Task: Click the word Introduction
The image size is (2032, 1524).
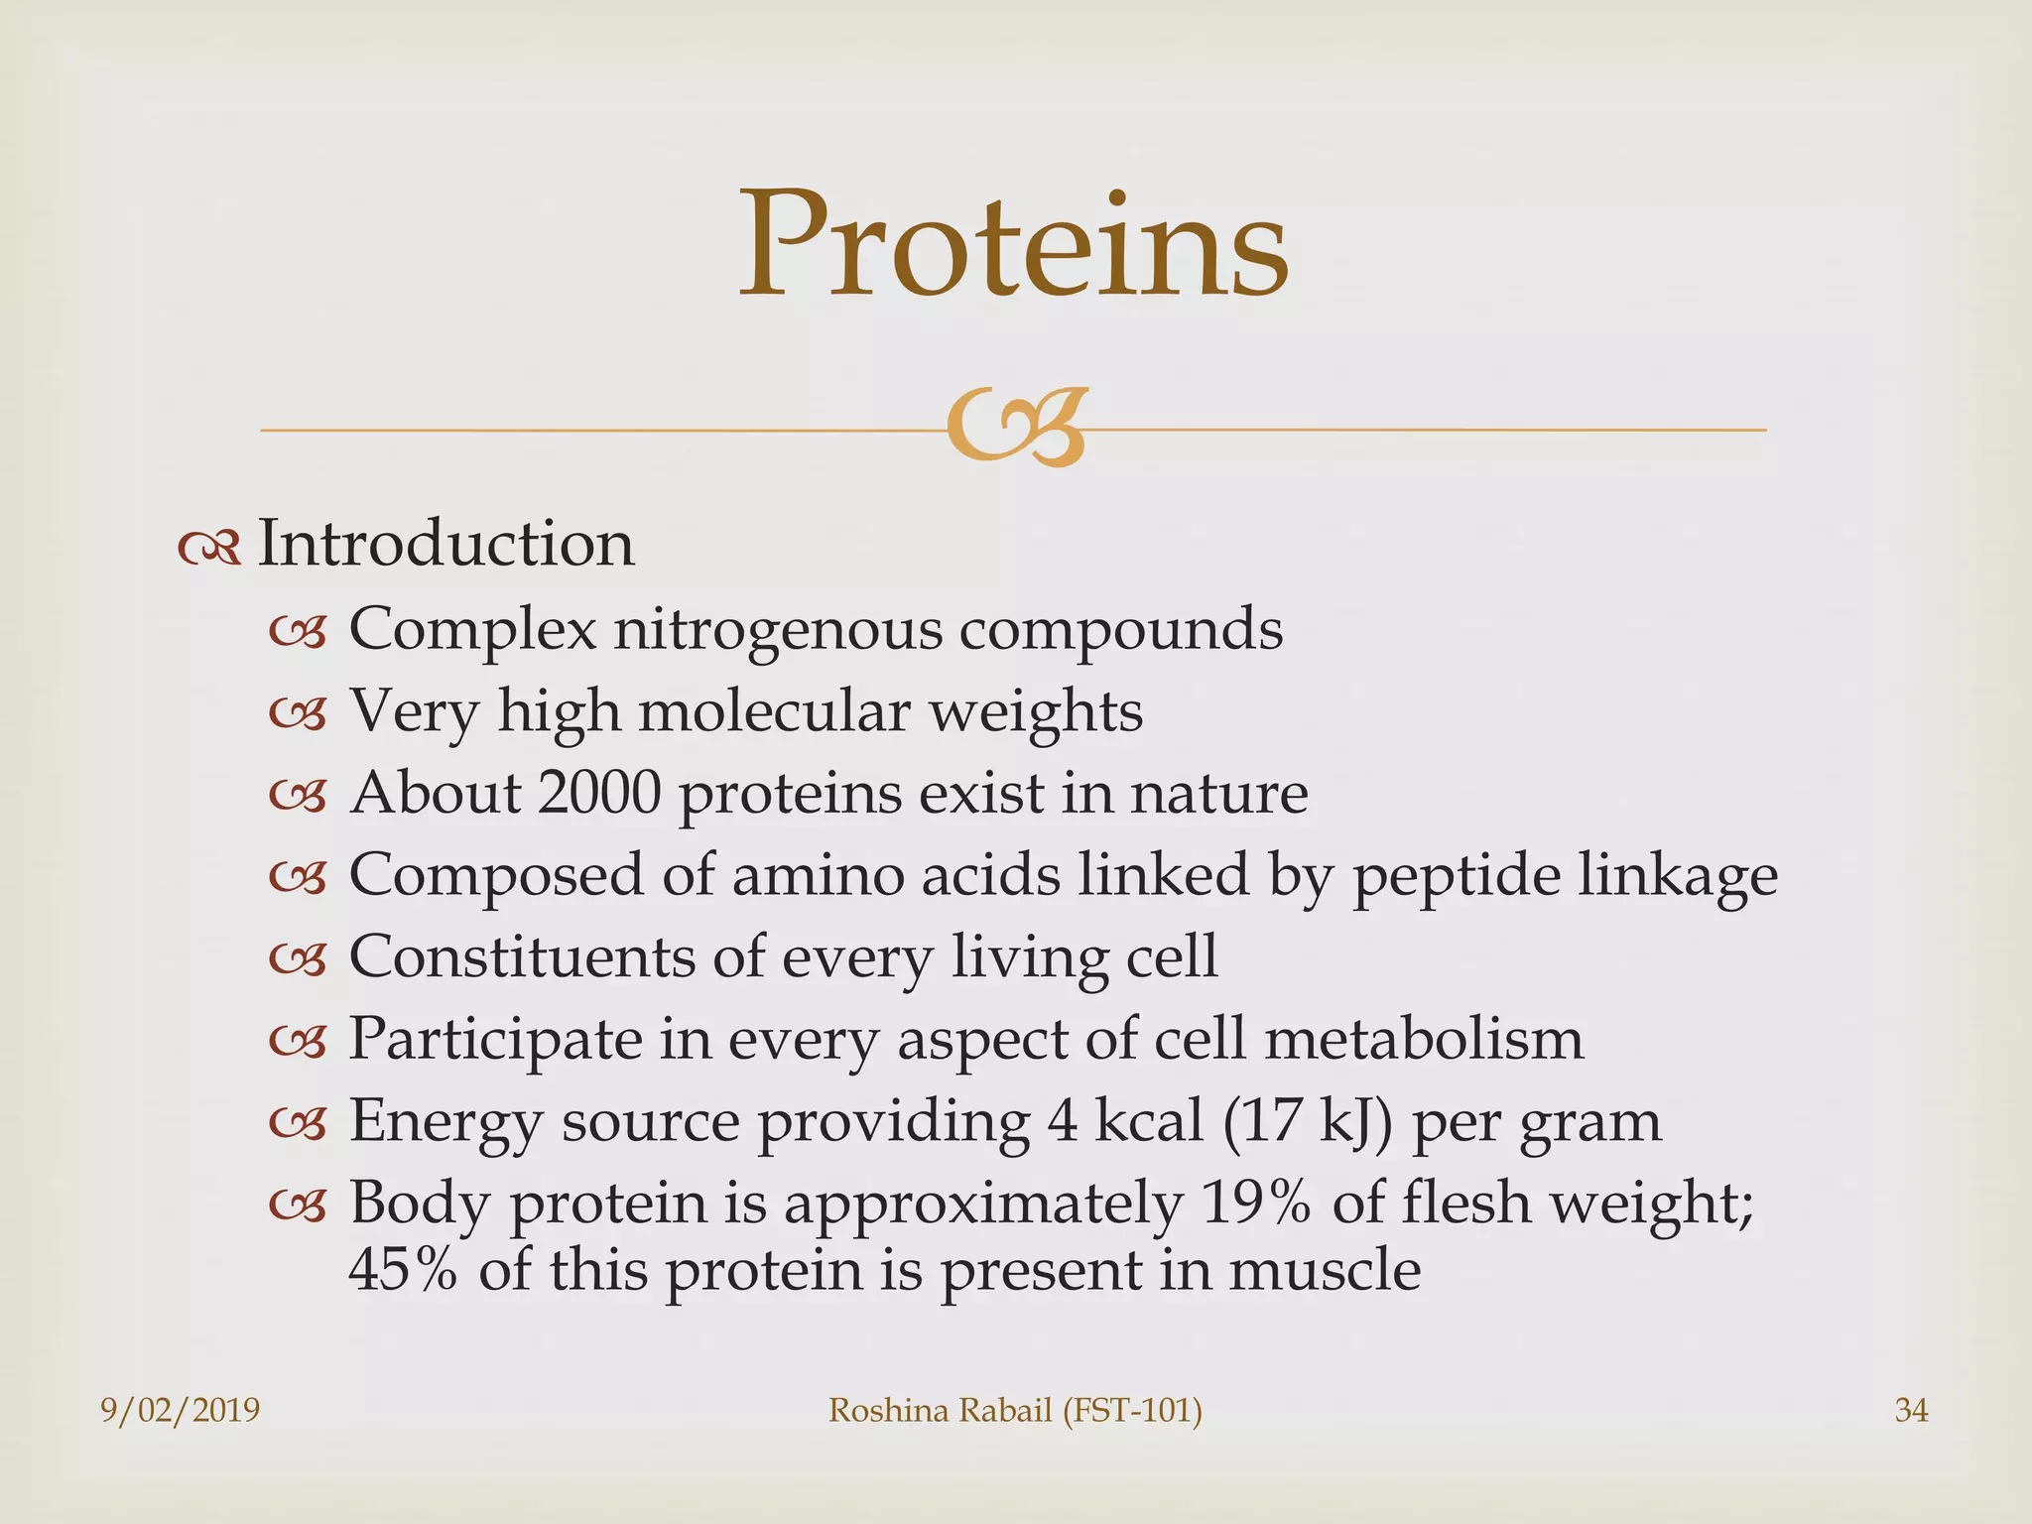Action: [445, 544]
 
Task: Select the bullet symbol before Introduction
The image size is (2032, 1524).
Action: [209, 548]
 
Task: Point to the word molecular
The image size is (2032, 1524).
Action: [773, 711]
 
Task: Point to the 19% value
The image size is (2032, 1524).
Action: [1256, 1204]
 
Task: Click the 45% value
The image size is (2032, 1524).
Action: [403, 1270]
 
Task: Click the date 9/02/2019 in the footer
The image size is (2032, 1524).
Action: [181, 1410]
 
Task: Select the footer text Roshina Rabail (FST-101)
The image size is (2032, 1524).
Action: [1014, 1410]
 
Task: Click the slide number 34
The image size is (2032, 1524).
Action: [1911, 1410]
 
